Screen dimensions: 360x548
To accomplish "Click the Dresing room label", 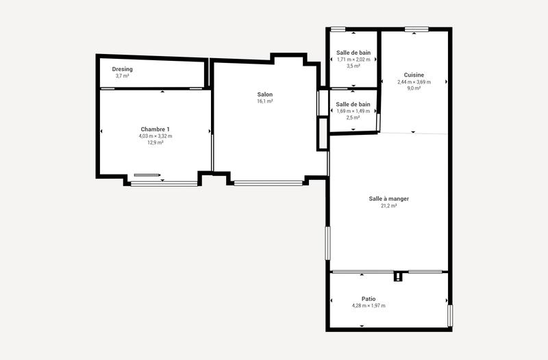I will pyautogui.click(x=123, y=69).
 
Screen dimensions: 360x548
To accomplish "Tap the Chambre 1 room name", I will pyautogui.click(x=155, y=129).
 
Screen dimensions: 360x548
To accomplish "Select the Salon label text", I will pyautogui.click(x=265, y=94).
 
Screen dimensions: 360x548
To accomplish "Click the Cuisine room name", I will pyautogui.click(x=414, y=75).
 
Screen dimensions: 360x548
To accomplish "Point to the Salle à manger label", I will pyautogui.click(x=389, y=198).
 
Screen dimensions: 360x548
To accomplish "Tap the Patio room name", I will pyautogui.click(x=369, y=298).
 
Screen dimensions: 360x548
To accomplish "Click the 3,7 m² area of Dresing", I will pyautogui.click(x=123, y=76).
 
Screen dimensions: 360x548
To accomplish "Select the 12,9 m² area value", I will pyautogui.click(x=155, y=142).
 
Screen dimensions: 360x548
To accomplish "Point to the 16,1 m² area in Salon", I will pyautogui.click(x=265, y=101).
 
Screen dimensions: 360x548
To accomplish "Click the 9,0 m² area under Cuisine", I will pyautogui.click(x=414, y=88).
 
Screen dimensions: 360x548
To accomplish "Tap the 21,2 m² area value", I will pyautogui.click(x=389, y=205).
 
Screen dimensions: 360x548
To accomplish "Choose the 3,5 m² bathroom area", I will pyautogui.click(x=353, y=66).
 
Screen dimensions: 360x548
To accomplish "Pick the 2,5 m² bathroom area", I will pyautogui.click(x=353, y=118).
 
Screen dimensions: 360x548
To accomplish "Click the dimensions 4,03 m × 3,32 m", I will pyautogui.click(x=155, y=136).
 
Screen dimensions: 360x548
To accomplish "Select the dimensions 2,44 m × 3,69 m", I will pyautogui.click(x=414, y=82).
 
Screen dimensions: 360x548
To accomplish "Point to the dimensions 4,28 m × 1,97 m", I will pyautogui.click(x=369, y=305).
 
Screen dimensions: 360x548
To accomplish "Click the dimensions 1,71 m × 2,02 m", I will pyautogui.click(x=353, y=60).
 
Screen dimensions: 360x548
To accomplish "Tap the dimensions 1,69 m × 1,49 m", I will pyautogui.click(x=353, y=111).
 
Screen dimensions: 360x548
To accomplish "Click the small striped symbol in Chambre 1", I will pyautogui.click(x=146, y=175).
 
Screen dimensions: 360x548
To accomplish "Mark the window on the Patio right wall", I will pyautogui.click(x=450, y=316).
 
